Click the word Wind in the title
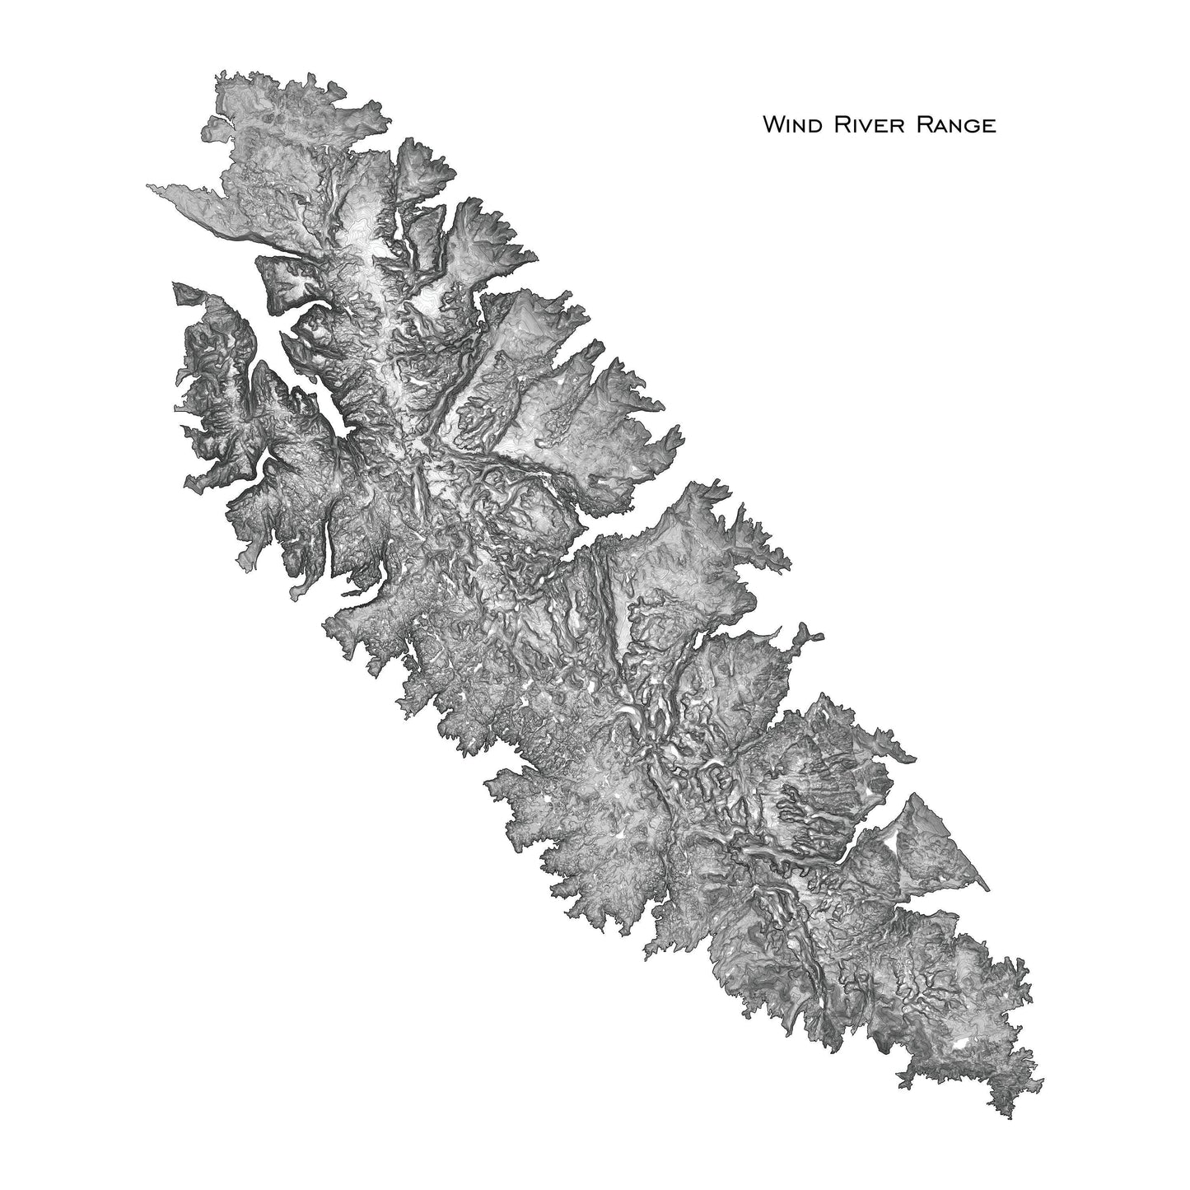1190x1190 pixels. coord(788,125)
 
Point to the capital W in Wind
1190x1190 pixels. coord(772,125)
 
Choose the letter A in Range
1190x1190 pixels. coord(933,126)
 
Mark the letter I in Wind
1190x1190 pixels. coord(786,126)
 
